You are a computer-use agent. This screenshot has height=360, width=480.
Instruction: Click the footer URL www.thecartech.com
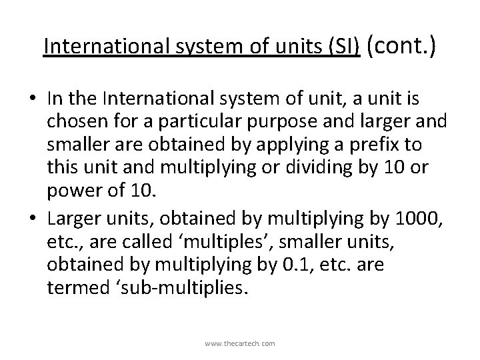tap(240, 344)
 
